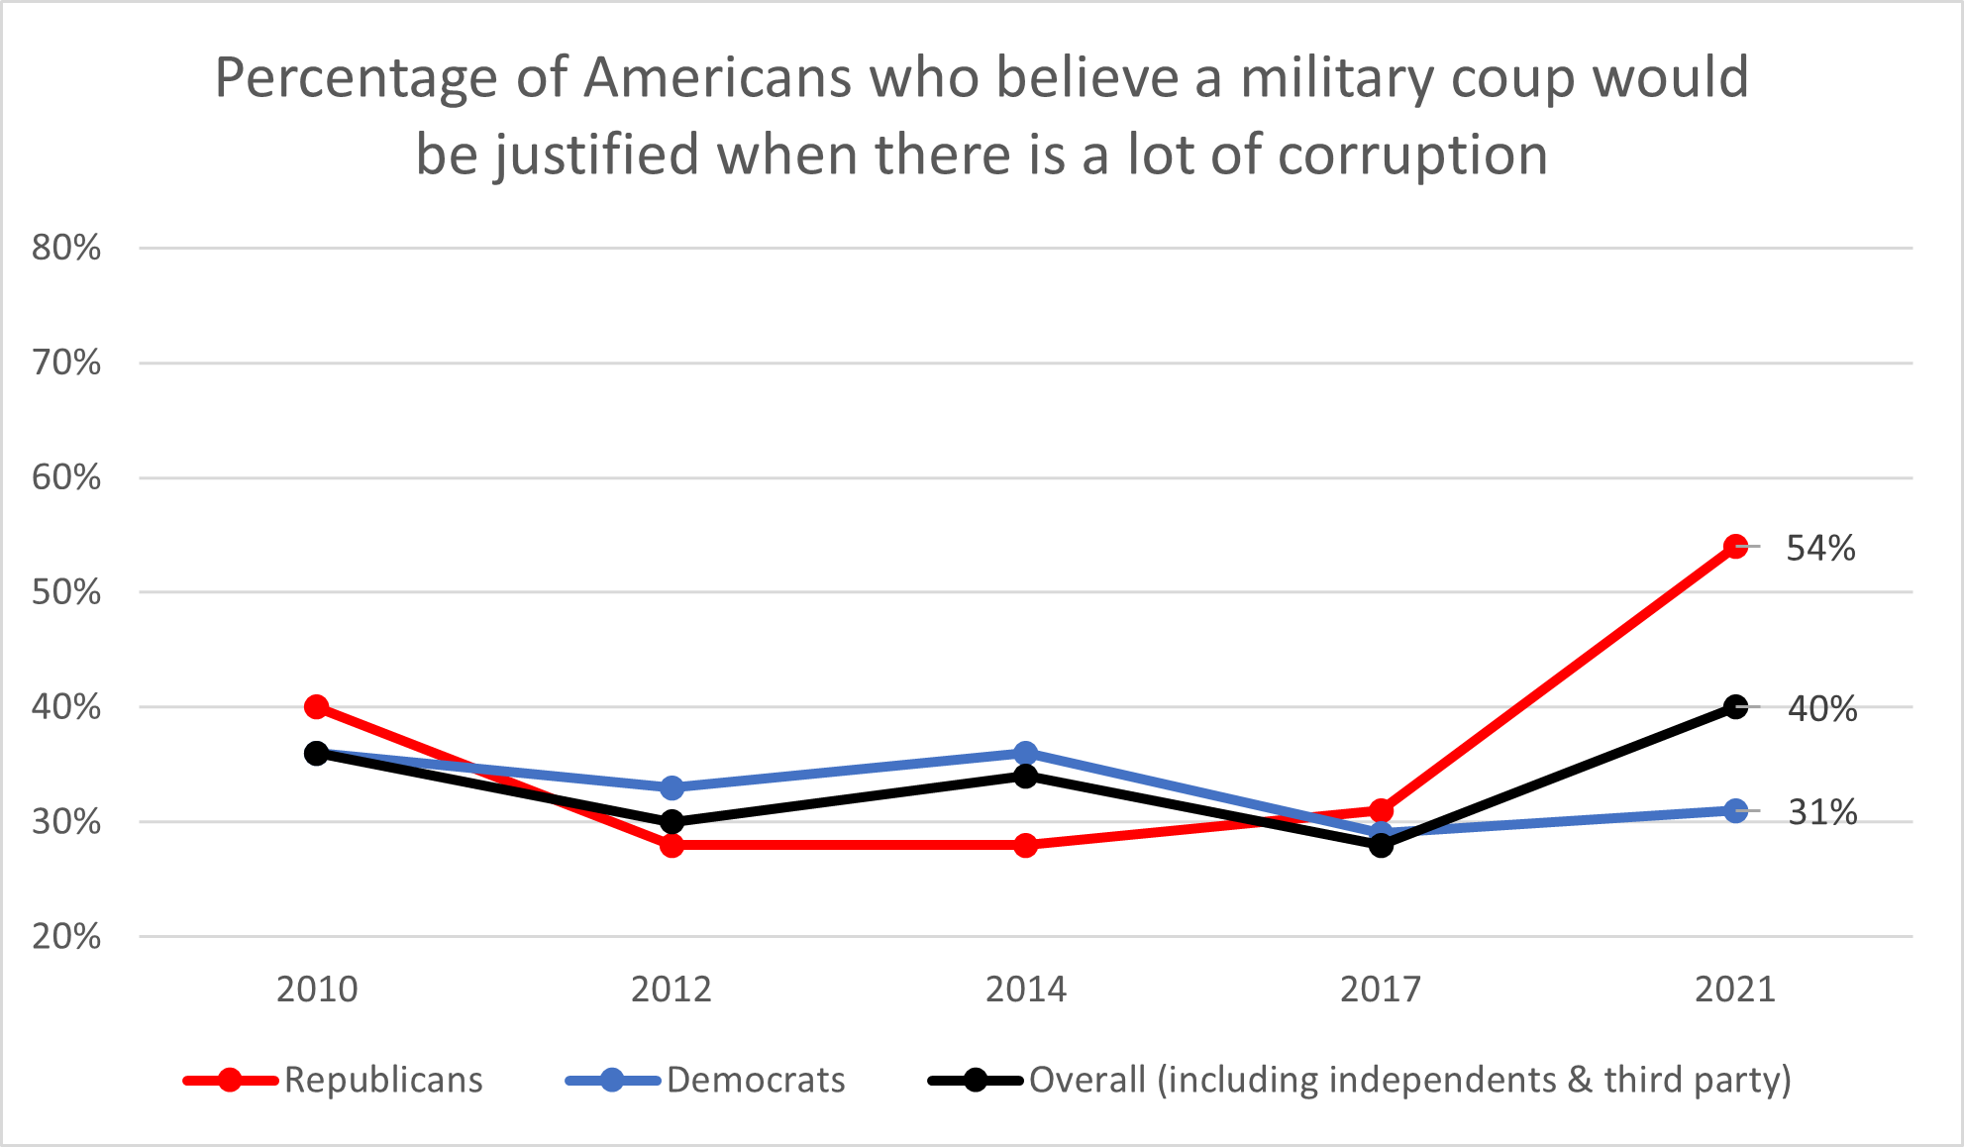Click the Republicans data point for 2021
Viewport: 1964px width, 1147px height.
tap(1735, 547)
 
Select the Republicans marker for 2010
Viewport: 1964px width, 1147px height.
tap(317, 707)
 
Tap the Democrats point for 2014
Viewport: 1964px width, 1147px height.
tap(1026, 754)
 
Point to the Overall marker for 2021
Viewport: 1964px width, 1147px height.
tap(1735, 707)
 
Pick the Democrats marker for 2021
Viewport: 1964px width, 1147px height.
tap(1735, 810)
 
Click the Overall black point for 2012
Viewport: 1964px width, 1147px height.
tap(672, 822)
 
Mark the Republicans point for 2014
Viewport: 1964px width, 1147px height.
tap(1026, 845)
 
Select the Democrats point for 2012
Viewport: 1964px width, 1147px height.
tap(672, 787)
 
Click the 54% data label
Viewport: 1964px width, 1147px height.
tap(1820, 548)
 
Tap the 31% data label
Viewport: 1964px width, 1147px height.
tap(1822, 812)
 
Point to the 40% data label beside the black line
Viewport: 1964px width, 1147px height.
tap(1822, 709)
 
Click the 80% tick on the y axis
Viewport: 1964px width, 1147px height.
tap(66, 248)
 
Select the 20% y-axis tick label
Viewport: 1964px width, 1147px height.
tap(66, 937)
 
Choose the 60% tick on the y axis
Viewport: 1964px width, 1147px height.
tap(66, 477)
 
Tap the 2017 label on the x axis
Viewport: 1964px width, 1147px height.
tap(1381, 990)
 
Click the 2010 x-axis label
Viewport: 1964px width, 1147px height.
tap(317, 990)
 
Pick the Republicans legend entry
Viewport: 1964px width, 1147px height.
tap(382, 1080)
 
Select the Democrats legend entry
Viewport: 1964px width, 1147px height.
tap(755, 1080)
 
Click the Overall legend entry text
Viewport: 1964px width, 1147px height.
tap(1409, 1080)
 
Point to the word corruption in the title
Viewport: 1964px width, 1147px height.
tap(1412, 156)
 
